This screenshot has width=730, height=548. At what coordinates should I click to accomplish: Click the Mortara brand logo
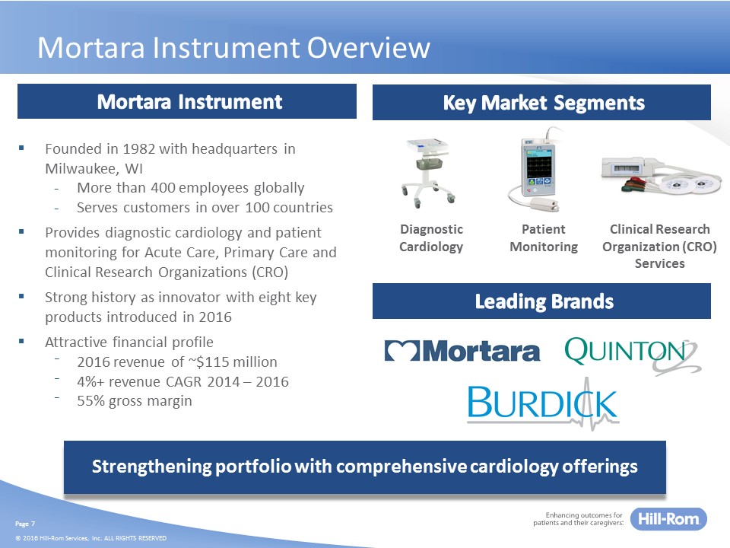pos(462,351)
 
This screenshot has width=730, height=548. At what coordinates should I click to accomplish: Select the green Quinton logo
pos(632,355)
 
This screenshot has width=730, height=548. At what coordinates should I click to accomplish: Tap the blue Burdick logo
pos(543,403)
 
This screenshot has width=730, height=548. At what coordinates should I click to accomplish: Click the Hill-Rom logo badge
pos(668,518)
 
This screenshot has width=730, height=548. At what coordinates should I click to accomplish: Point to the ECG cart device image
pos(427,173)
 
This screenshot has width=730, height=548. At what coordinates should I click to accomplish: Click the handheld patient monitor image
pos(536,170)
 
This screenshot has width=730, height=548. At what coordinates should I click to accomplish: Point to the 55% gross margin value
pos(90,401)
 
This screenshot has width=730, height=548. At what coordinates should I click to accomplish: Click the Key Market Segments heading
pos(543,103)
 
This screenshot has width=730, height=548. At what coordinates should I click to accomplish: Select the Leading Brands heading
pos(544,301)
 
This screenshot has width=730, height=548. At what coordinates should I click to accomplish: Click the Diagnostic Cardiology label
pos(431,237)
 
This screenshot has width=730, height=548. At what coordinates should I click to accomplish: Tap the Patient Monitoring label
pos(544,237)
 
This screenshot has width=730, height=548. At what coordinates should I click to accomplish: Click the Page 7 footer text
pos(25,524)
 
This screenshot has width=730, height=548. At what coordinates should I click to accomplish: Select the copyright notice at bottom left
pos(90,538)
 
